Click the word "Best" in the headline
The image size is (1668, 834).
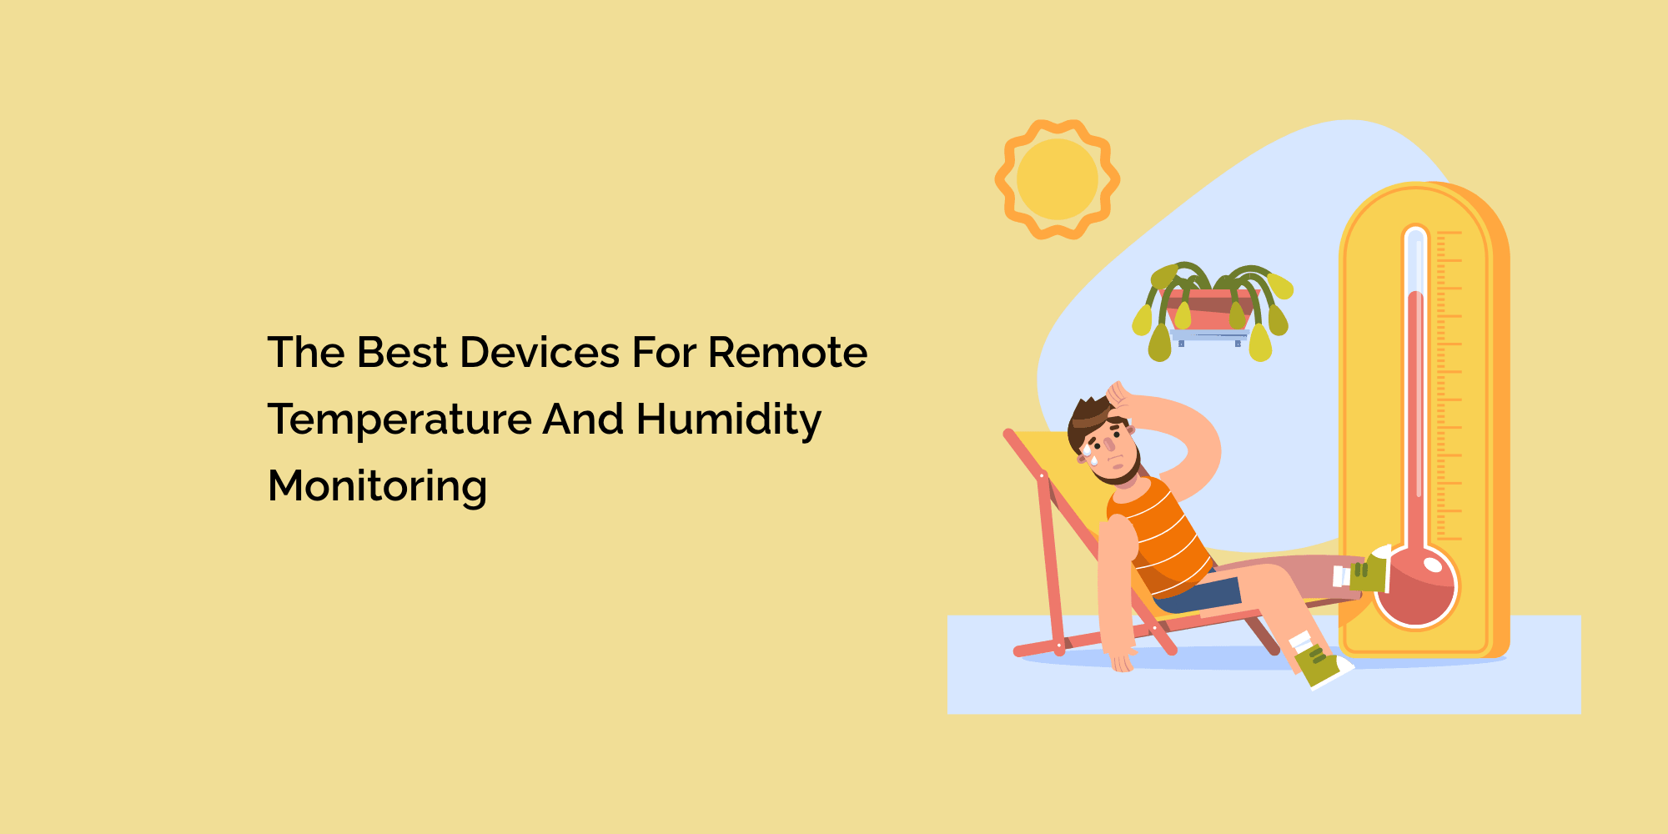[402, 353]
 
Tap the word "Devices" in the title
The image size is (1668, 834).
[539, 353]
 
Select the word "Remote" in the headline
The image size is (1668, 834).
[787, 353]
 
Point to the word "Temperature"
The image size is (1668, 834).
[399, 420]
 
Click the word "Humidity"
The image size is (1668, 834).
[728, 420]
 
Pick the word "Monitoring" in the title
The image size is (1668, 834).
[377, 486]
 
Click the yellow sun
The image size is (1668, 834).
[1057, 179]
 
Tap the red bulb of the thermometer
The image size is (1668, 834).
[1416, 588]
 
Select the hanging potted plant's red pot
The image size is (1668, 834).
[1209, 309]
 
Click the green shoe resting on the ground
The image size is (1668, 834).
[1322, 666]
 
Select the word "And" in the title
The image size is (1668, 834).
[583, 420]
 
